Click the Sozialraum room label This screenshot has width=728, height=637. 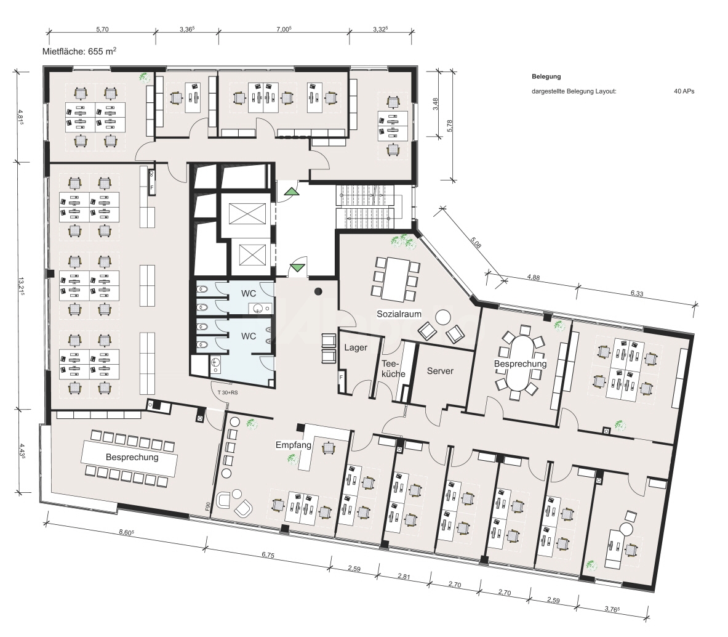click(x=399, y=314)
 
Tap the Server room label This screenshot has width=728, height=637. click(x=440, y=371)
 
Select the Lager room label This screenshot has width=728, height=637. click(x=356, y=347)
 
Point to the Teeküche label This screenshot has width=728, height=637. click(x=392, y=368)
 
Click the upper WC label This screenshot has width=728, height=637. click(x=248, y=295)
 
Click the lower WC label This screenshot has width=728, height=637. click(x=248, y=336)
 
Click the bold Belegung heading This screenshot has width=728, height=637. click(x=546, y=77)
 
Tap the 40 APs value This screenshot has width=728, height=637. click(x=684, y=91)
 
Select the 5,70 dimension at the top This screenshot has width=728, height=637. click(x=102, y=29)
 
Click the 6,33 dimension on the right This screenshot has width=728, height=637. click(x=636, y=294)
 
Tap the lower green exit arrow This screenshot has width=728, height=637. click(x=298, y=267)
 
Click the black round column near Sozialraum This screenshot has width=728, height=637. click(x=318, y=291)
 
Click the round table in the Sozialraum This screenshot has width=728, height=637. click(x=442, y=317)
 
